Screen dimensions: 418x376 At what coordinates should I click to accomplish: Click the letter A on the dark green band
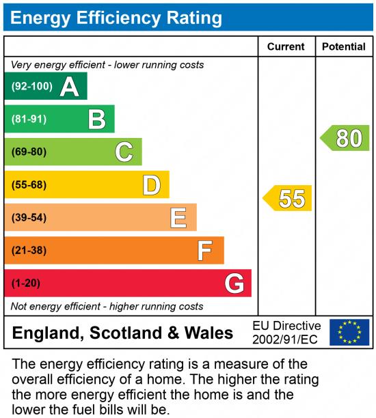tap(69, 87)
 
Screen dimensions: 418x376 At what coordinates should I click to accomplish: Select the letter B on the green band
tap(96, 120)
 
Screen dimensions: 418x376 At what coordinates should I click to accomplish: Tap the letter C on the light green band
tap(124, 152)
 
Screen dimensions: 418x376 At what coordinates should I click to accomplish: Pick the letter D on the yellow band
tap(151, 184)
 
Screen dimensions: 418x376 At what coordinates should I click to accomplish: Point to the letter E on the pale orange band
tap(178, 217)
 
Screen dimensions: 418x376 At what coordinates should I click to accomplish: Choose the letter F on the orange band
tap(205, 250)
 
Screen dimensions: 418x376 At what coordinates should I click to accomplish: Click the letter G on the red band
tap(234, 283)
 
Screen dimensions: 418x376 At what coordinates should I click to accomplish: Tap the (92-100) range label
tap(31, 87)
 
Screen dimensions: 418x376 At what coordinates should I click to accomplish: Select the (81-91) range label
tap(29, 120)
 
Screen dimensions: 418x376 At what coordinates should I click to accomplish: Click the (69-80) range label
tap(29, 152)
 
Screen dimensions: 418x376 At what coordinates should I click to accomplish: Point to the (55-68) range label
tap(29, 184)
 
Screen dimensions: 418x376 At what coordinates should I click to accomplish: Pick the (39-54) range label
tap(29, 217)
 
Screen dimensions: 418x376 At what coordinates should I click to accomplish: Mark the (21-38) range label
tap(29, 250)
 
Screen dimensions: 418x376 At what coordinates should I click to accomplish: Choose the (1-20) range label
tap(26, 283)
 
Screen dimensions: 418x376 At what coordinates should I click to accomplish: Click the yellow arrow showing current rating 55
tap(288, 198)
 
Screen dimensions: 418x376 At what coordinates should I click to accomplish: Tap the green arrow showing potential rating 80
tap(345, 138)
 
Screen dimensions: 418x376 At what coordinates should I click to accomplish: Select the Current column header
tap(286, 46)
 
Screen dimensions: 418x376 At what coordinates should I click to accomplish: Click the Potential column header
tap(344, 46)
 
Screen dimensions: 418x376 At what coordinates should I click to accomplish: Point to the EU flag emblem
tap(349, 333)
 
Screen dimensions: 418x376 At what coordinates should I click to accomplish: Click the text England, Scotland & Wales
tap(123, 333)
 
